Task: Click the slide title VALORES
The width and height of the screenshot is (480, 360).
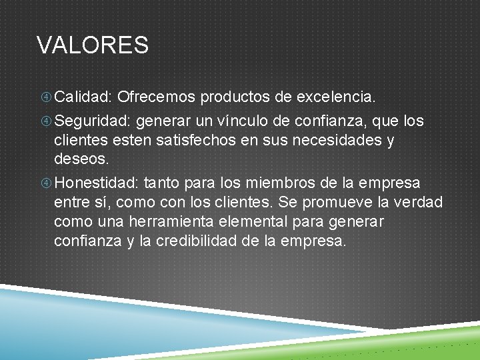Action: pos(93,45)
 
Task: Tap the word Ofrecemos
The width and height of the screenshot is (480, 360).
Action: pos(156,97)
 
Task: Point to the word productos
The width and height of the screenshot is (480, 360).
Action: pos(235,97)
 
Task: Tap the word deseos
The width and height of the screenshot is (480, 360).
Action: pos(80,161)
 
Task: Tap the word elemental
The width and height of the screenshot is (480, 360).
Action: pos(254,221)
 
